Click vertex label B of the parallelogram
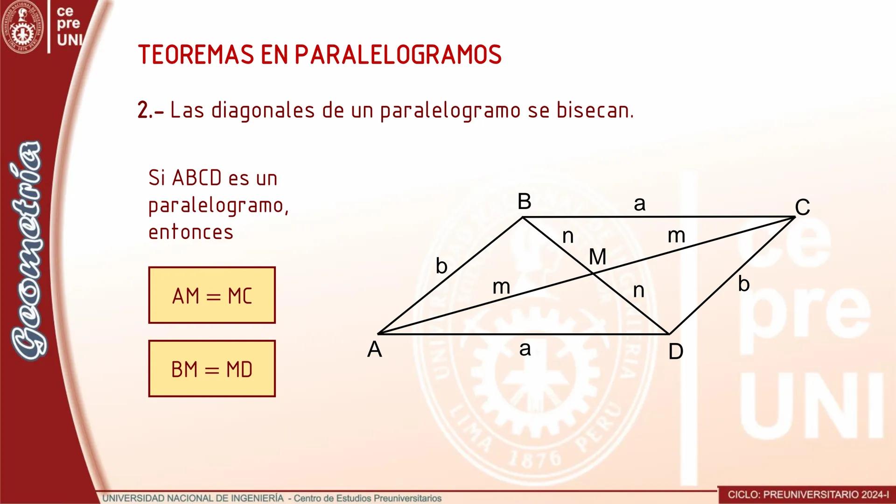pyautogui.click(x=524, y=202)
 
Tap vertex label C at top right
pyautogui.click(x=802, y=207)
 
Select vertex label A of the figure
pyautogui.click(x=374, y=350)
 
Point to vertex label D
pyautogui.click(x=676, y=351)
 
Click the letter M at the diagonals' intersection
pyautogui.click(x=597, y=257)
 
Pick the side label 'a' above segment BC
pyautogui.click(x=639, y=203)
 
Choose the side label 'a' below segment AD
pyautogui.click(x=525, y=349)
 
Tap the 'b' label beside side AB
pyautogui.click(x=441, y=266)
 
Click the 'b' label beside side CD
pyautogui.click(x=743, y=284)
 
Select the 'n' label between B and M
pyautogui.click(x=567, y=237)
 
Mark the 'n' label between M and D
pyautogui.click(x=638, y=291)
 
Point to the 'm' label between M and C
pyautogui.click(x=676, y=236)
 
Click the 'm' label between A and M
pyautogui.click(x=501, y=287)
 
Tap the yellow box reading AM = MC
pyautogui.click(x=212, y=295)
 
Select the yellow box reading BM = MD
pyautogui.click(x=212, y=369)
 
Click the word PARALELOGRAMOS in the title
pyautogui.click(x=398, y=55)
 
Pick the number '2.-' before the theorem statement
pyautogui.click(x=150, y=111)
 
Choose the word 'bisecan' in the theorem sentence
pyautogui.click(x=595, y=110)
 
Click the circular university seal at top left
pyautogui.click(x=22, y=26)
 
